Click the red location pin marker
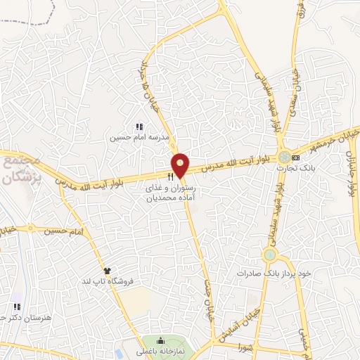click(181, 165)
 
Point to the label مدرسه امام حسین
click(139, 138)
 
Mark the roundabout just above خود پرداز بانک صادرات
click(269, 254)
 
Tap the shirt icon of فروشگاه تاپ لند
click(107, 270)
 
